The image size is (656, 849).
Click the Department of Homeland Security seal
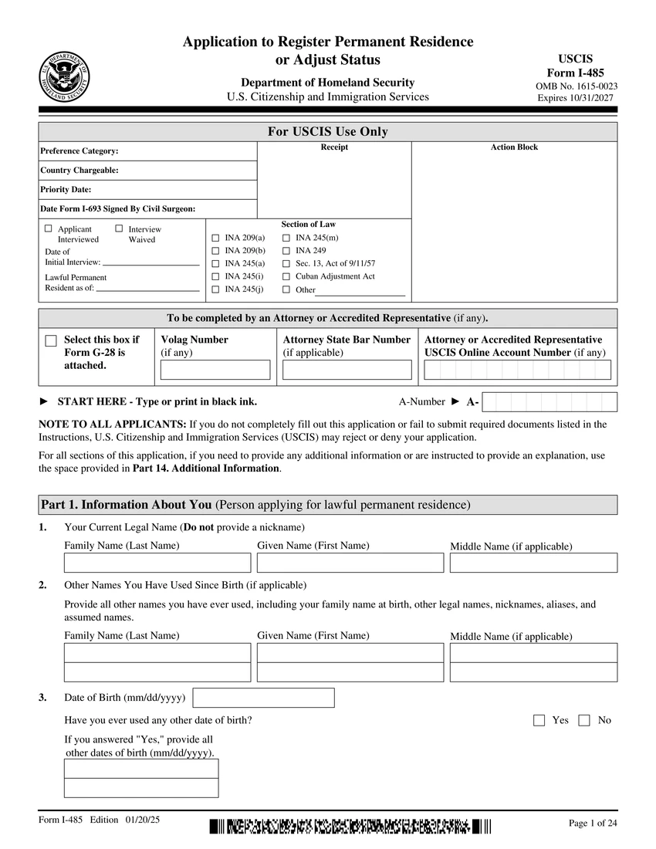(x=64, y=77)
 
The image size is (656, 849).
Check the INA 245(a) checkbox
(x=215, y=263)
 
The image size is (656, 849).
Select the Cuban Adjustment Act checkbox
(x=286, y=276)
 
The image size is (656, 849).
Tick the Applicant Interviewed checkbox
(x=49, y=229)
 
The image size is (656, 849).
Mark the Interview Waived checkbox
(x=119, y=229)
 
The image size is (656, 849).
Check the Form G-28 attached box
(x=51, y=341)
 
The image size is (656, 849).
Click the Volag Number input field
(x=215, y=370)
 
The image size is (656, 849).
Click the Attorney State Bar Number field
(x=347, y=370)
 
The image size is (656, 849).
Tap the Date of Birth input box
(x=263, y=698)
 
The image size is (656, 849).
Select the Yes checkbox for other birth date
(x=539, y=720)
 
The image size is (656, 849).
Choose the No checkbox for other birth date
(x=583, y=720)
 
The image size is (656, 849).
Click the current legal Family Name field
(x=157, y=563)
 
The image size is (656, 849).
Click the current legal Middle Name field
(x=533, y=563)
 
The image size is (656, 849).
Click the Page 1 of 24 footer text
(x=593, y=824)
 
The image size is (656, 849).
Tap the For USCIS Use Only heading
(x=328, y=132)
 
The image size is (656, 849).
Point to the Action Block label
(x=514, y=147)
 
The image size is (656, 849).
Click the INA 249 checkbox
(x=286, y=251)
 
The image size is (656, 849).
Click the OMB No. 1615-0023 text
(x=576, y=86)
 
